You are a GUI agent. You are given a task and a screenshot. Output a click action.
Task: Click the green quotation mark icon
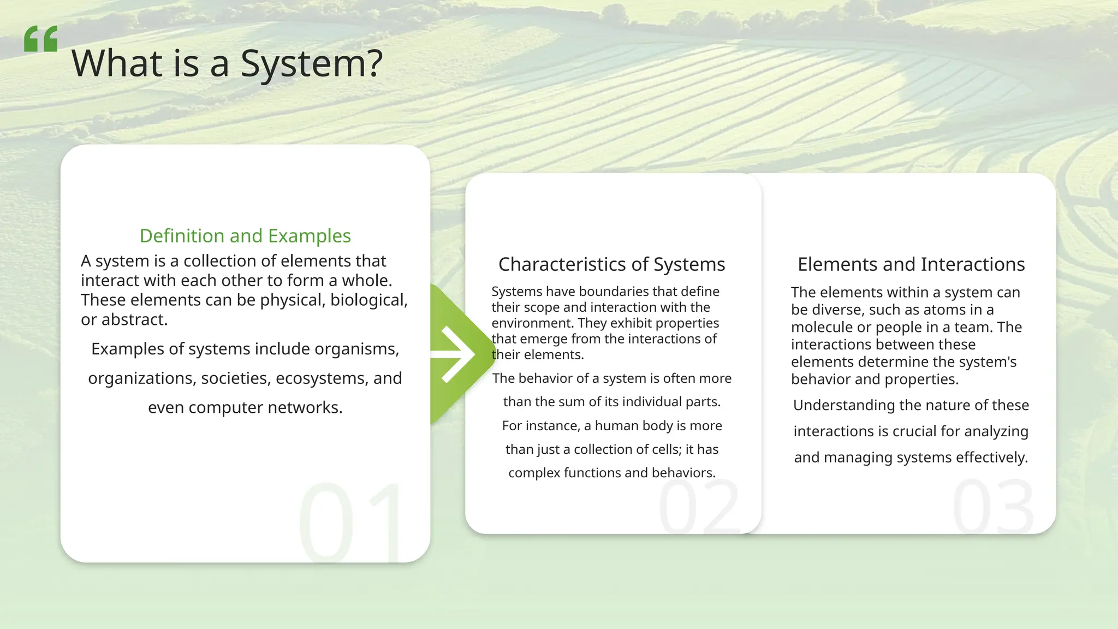click(41, 39)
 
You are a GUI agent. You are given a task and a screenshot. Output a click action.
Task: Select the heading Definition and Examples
click(245, 236)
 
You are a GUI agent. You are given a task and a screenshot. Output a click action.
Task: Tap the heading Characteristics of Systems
click(611, 264)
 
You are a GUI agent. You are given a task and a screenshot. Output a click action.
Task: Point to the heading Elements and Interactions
click(911, 264)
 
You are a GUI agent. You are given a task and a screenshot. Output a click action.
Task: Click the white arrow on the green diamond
click(457, 354)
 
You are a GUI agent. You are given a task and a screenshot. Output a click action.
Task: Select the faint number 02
click(699, 507)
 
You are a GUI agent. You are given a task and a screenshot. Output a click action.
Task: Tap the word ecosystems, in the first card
click(322, 378)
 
